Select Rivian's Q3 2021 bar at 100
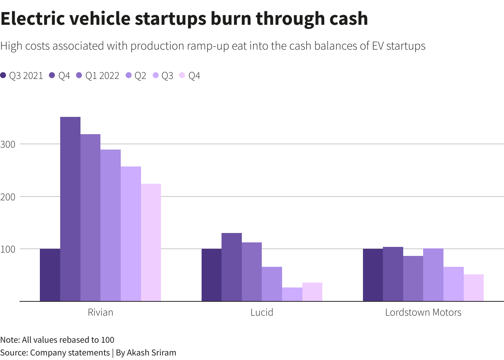click(50, 275)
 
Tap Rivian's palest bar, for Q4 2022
click(151, 242)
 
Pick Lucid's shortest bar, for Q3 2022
click(292, 294)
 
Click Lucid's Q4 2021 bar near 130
click(232, 267)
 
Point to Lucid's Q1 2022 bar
click(252, 272)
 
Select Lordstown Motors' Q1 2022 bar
click(413, 278)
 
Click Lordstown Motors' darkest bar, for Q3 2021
click(373, 275)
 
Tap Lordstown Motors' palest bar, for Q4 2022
click(474, 287)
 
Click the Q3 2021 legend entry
click(22, 76)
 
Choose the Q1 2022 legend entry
click(98, 76)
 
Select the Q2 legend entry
click(136, 76)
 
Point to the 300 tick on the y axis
click(8, 144)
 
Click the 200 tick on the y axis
click(8, 197)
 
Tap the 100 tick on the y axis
click(8, 249)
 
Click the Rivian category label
click(100, 312)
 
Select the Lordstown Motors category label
click(423, 312)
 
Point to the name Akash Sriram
click(151, 352)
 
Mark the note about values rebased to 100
click(57, 340)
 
